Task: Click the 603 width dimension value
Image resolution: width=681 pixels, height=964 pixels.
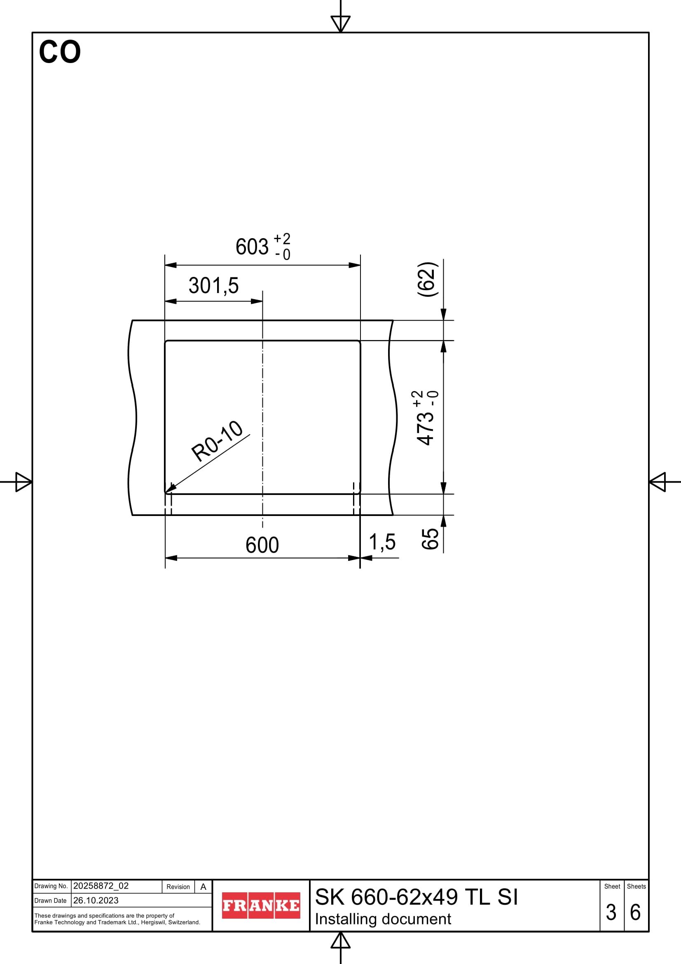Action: (x=252, y=247)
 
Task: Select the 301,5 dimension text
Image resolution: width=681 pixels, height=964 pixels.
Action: (x=213, y=286)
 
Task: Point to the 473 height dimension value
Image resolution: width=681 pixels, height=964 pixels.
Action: (x=426, y=428)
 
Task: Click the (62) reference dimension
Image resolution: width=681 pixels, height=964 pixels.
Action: (x=428, y=279)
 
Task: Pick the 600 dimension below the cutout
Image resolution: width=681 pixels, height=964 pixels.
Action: (x=262, y=545)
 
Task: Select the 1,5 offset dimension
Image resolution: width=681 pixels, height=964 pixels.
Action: (x=382, y=542)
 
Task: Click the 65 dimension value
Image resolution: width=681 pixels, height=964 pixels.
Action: (x=430, y=539)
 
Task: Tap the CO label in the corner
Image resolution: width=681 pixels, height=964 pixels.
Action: (x=60, y=52)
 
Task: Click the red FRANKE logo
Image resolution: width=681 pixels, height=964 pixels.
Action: (x=261, y=905)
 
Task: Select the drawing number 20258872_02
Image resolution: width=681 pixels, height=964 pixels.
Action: (x=101, y=886)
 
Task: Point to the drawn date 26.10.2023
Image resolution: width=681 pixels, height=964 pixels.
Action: (x=96, y=900)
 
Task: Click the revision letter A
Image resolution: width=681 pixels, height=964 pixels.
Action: (x=204, y=887)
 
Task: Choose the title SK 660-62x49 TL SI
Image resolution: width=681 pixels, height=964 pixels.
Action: (x=416, y=897)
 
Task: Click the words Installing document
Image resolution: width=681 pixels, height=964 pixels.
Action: (x=383, y=919)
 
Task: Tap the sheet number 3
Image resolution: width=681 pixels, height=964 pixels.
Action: (x=611, y=912)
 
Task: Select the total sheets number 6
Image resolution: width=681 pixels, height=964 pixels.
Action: (x=635, y=912)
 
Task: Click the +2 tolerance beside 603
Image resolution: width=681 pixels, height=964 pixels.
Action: (x=282, y=239)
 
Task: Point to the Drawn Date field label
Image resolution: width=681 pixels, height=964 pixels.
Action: (x=50, y=901)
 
